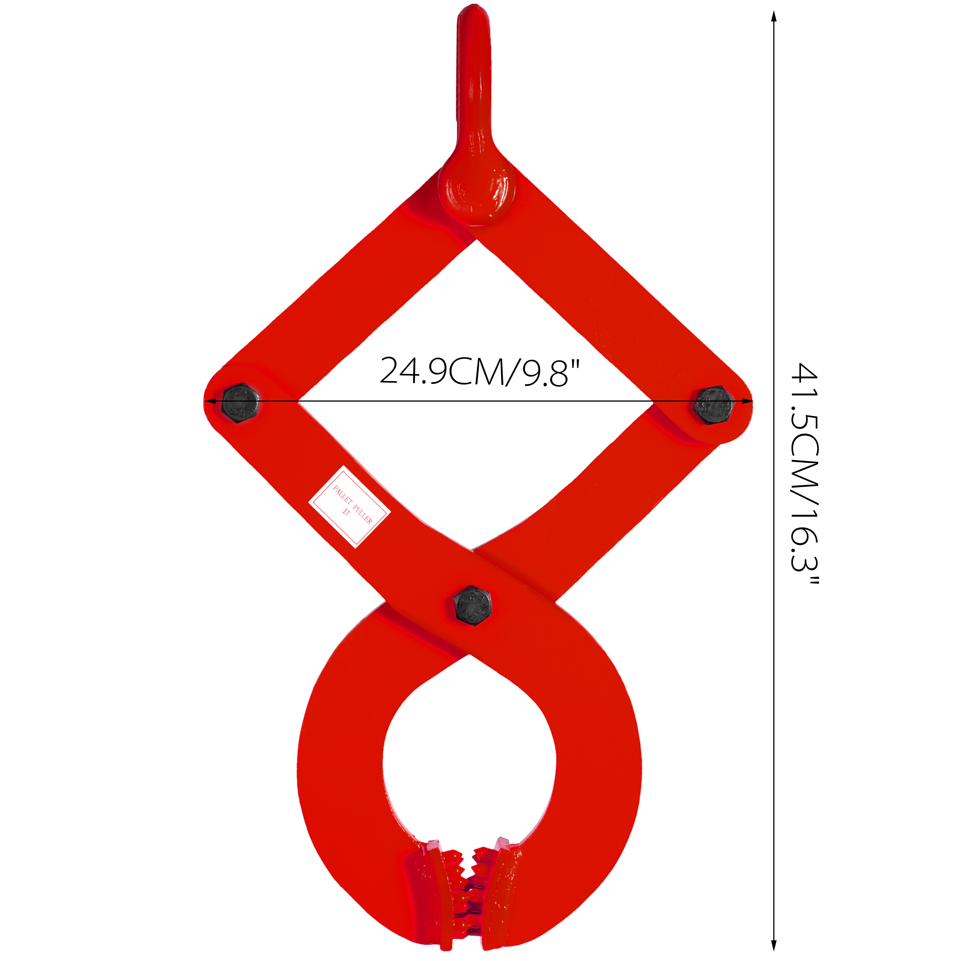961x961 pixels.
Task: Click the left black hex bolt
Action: click(240, 403)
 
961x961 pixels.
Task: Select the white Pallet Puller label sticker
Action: click(350, 507)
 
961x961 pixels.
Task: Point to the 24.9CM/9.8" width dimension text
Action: click(480, 371)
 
